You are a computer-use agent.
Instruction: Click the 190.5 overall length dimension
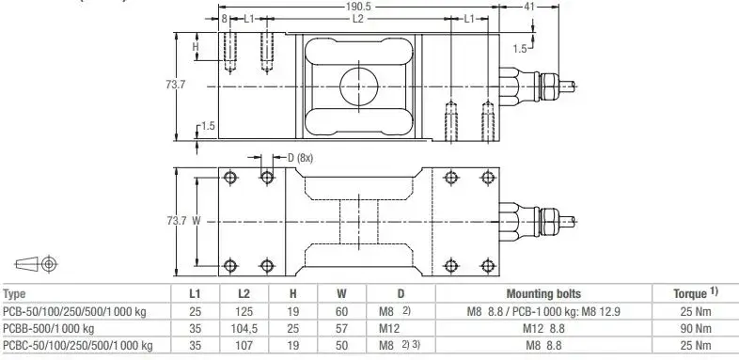coord(358,8)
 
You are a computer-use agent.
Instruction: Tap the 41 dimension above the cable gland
coord(529,8)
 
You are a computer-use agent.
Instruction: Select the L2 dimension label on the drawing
coord(358,19)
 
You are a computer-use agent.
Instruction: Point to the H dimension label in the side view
coord(196,47)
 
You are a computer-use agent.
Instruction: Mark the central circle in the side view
coord(358,86)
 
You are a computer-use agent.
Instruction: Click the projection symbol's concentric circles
coord(49,264)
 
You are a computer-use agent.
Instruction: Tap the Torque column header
coord(695,293)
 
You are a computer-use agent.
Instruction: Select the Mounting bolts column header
coord(543,294)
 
